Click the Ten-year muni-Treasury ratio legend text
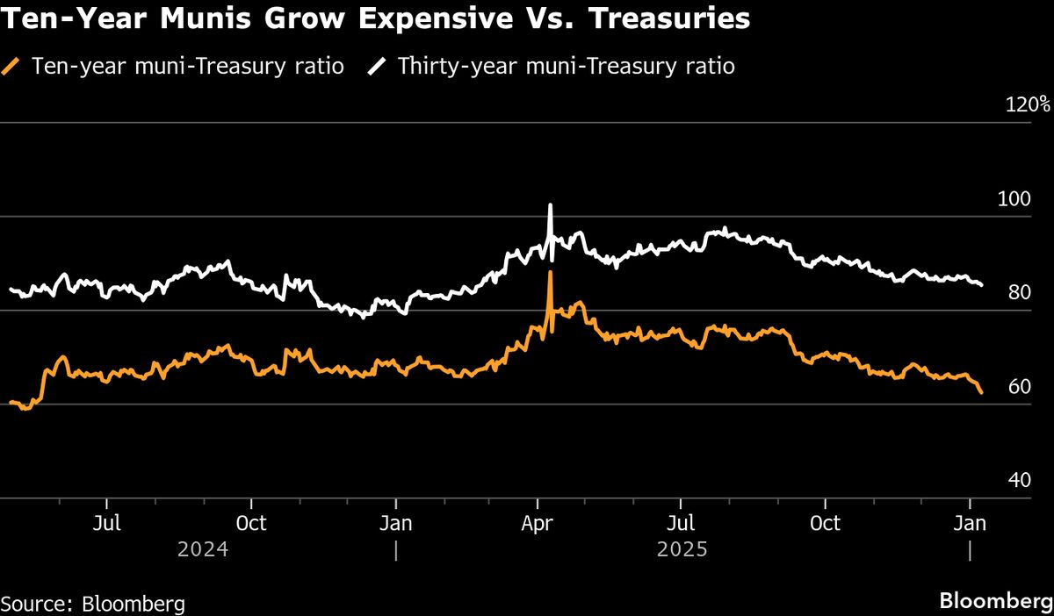186,66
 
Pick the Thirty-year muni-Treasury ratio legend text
566,66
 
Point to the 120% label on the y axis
1028,104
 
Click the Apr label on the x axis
538,524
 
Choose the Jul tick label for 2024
106,524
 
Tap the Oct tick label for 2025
825,524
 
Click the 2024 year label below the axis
203,550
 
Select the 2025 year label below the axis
682,550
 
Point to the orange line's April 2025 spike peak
550,273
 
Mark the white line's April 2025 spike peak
550,205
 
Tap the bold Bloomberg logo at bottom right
996,602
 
